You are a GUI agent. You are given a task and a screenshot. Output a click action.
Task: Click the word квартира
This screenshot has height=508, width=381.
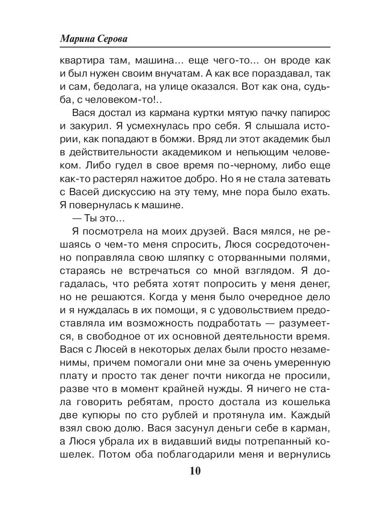[x=79, y=61]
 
